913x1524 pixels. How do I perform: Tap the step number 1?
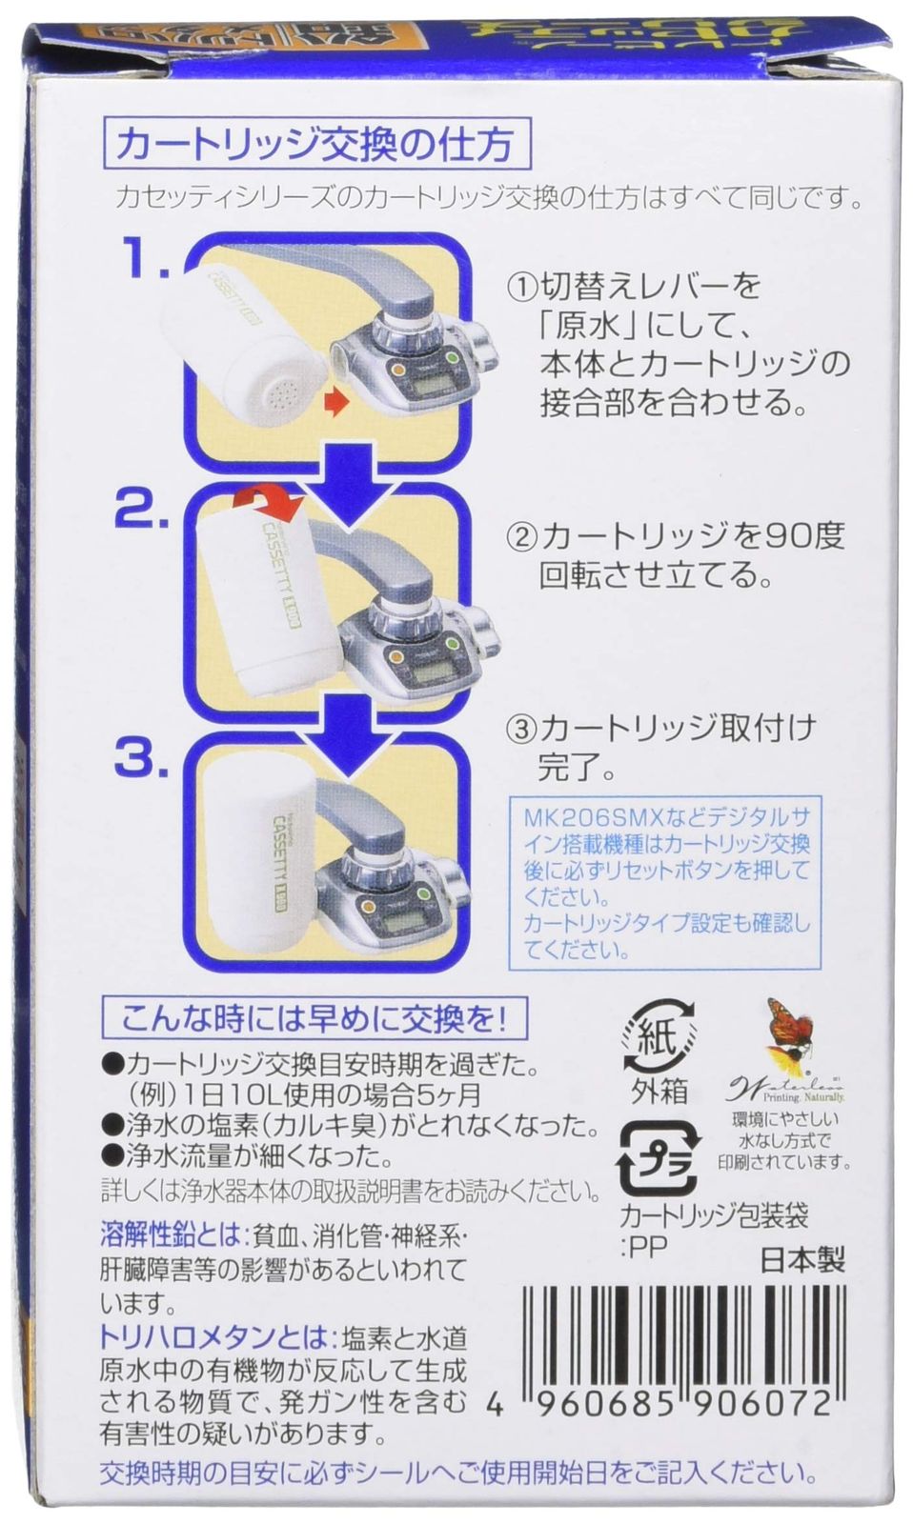142,259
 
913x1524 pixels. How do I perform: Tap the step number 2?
141,512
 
